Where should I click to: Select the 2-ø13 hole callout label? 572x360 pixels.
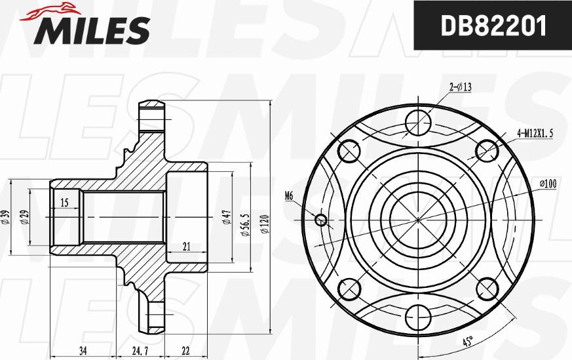pos(461,87)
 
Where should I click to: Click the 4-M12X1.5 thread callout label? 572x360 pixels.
pos(535,132)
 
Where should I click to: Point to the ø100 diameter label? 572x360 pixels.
pos(547,184)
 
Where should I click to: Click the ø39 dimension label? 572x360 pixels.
pos(5,217)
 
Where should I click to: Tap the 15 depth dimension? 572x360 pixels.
pos(64,203)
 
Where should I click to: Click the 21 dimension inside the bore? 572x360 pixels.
pos(186,247)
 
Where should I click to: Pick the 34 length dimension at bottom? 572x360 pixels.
pos(83,351)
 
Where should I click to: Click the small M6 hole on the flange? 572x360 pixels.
pos(321,220)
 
